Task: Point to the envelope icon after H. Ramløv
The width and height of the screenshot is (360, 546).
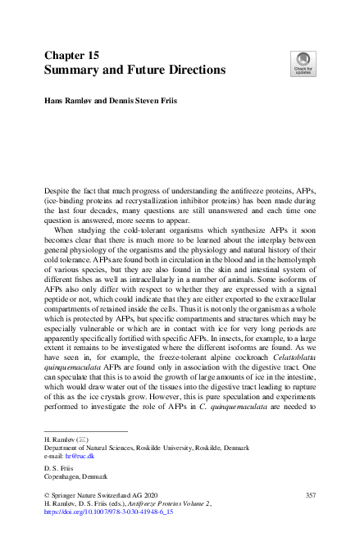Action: (x=82, y=440)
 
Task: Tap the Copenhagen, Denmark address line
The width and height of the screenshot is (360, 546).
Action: (x=75, y=476)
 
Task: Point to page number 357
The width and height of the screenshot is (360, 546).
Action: (x=310, y=495)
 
